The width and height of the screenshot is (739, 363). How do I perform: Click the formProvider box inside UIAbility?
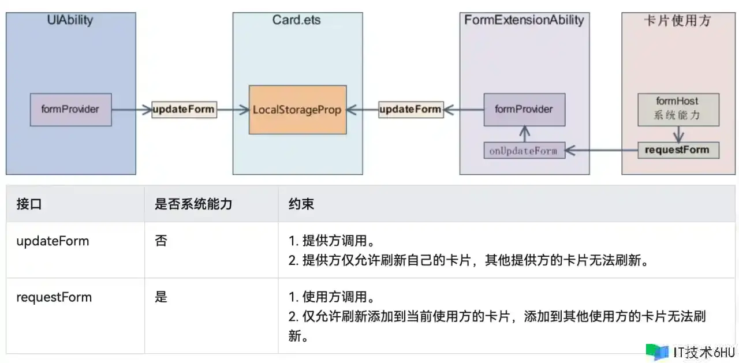point(70,110)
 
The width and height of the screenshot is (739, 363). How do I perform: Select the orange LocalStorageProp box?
point(297,110)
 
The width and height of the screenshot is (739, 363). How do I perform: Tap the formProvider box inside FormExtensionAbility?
point(524,109)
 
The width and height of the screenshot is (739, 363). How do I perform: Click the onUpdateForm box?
point(524,151)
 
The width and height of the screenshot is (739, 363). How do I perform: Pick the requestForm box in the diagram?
point(678,150)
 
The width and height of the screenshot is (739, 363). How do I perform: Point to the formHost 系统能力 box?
point(678,109)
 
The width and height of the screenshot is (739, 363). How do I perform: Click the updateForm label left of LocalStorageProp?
point(184,109)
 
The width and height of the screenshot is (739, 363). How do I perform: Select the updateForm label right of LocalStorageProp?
point(410,109)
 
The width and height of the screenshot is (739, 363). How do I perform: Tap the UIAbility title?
point(70,21)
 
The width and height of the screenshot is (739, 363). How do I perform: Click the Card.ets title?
point(297,21)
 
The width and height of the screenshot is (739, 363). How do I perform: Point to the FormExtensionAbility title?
point(524,21)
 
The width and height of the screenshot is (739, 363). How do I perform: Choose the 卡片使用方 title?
point(677,21)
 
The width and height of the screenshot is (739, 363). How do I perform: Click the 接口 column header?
point(29,204)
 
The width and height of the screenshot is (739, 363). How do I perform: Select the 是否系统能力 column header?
point(193,204)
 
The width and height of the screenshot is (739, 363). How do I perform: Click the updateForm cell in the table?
point(53,241)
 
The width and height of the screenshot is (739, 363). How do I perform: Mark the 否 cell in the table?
point(161,241)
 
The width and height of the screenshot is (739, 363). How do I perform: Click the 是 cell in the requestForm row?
point(161,298)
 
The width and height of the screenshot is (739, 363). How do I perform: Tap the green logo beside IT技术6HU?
point(657,351)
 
